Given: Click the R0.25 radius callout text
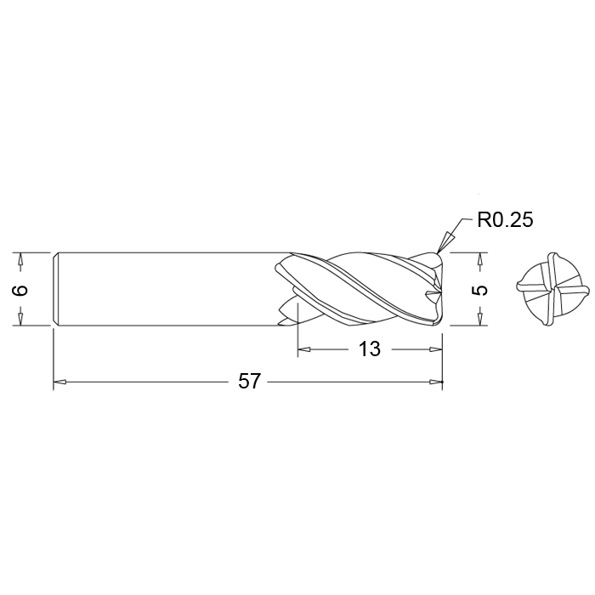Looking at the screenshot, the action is pos(505,219).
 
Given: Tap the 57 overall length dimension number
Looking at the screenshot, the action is pos(249,381).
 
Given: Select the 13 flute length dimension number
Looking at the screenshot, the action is pos(369,348).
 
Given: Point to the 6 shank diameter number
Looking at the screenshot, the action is pos(20,290).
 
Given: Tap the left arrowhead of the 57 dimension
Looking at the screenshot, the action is pos(60,382).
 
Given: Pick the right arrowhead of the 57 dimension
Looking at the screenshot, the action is pos(435,382).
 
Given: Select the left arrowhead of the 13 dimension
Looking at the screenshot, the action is pos(304,349).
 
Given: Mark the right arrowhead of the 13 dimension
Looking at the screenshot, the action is pos(435,349).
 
